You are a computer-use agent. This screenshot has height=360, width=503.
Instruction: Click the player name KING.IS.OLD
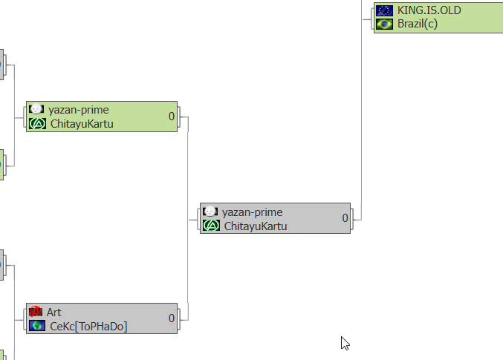(x=429, y=10)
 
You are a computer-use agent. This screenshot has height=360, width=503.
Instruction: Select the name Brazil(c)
(x=417, y=24)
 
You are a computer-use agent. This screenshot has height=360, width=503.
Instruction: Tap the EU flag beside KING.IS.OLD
(x=384, y=10)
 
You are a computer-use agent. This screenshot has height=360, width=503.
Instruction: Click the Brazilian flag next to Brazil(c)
(x=384, y=24)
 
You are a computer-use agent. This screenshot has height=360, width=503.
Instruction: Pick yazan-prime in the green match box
(x=79, y=110)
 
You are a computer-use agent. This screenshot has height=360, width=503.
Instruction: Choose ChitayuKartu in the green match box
(x=82, y=124)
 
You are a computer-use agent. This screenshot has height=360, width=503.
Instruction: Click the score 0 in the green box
(x=171, y=117)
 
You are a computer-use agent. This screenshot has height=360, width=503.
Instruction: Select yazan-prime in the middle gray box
(x=253, y=212)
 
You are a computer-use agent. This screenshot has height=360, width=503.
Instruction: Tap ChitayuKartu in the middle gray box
(x=256, y=226)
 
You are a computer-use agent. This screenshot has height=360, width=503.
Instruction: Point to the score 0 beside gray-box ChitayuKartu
(x=345, y=218)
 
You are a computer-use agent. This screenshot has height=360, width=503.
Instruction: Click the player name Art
(x=54, y=312)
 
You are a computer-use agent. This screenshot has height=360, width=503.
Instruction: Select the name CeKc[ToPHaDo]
(x=88, y=326)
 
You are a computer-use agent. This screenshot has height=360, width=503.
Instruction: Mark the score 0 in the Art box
(x=171, y=318)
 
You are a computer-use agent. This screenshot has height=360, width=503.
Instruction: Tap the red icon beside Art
(x=36, y=312)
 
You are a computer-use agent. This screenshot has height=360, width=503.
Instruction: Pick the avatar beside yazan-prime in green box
(x=36, y=110)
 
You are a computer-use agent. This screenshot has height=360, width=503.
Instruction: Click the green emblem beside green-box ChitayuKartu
(x=37, y=124)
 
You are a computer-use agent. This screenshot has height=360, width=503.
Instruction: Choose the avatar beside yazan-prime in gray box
(x=210, y=212)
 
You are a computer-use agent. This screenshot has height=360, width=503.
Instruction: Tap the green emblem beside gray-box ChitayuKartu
(x=211, y=226)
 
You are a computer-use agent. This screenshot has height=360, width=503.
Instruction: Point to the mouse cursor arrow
(x=344, y=342)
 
